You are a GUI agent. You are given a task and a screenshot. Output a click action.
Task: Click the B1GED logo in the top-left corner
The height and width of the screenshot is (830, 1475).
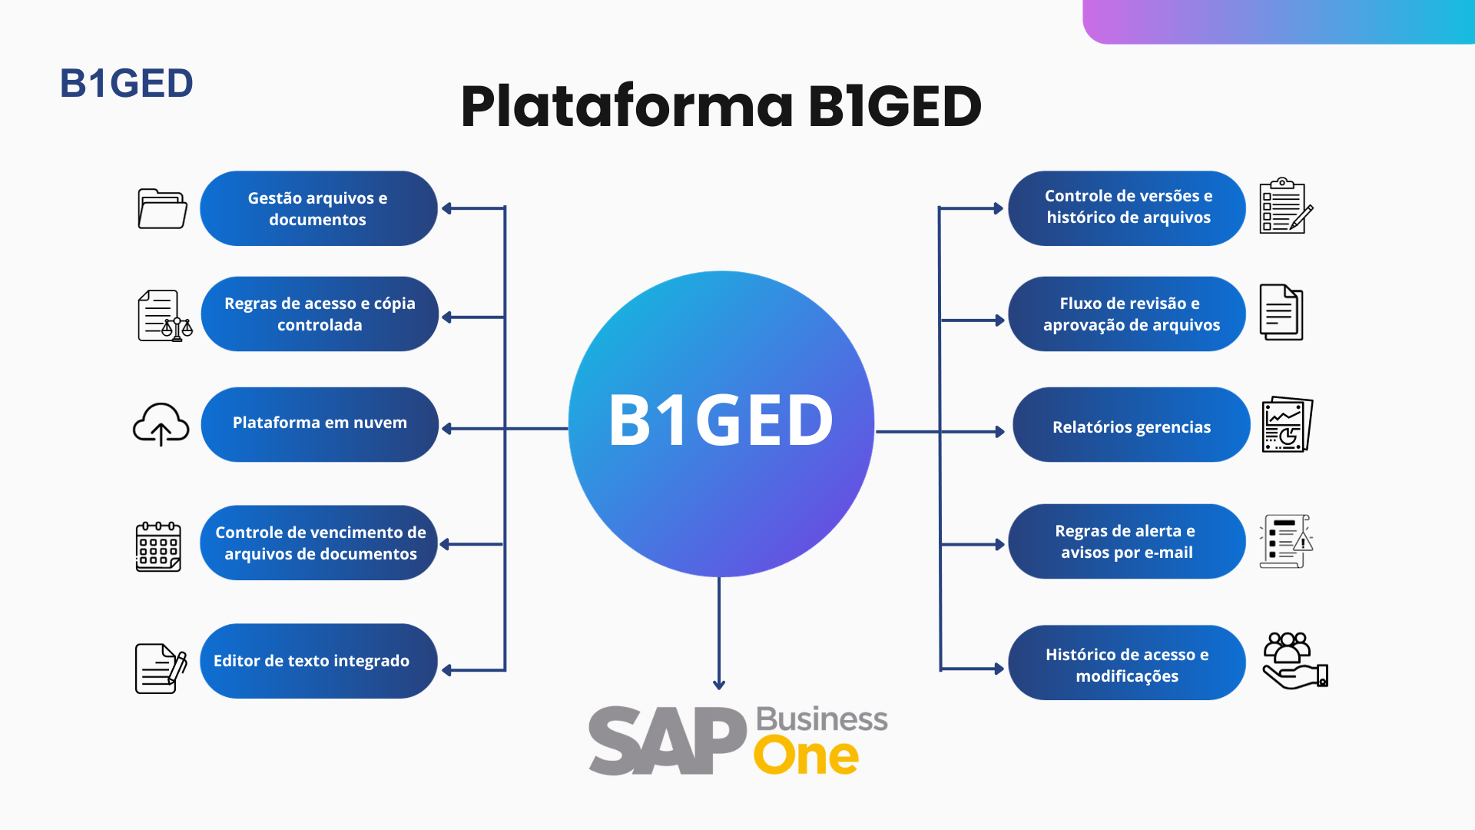pyautogui.click(x=127, y=83)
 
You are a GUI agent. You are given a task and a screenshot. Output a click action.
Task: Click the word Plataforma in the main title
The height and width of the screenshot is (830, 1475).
pyautogui.click(x=627, y=106)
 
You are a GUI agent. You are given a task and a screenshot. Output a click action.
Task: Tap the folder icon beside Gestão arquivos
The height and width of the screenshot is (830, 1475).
pyautogui.click(x=162, y=208)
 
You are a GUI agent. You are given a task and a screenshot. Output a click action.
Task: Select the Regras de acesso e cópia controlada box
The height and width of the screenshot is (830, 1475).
pyautogui.click(x=320, y=314)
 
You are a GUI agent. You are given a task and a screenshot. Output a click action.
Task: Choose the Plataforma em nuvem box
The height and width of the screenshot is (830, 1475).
pyautogui.click(x=320, y=424)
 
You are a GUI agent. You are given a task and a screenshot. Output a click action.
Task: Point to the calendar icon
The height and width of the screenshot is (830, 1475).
pyautogui.click(x=158, y=546)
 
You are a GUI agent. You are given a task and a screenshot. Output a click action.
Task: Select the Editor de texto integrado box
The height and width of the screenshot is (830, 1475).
pyautogui.click(x=319, y=661)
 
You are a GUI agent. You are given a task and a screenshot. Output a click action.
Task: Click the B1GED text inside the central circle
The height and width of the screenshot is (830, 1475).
pyautogui.click(x=721, y=420)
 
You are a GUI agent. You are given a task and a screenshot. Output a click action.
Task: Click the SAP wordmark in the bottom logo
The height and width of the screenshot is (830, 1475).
pyautogui.click(x=668, y=740)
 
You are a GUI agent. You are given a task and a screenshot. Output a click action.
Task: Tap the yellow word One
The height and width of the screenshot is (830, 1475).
pyautogui.click(x=806, y=756)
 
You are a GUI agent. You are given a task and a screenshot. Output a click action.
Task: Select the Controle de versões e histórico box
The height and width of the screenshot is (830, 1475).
pyautogui.click(x=1127, y=208)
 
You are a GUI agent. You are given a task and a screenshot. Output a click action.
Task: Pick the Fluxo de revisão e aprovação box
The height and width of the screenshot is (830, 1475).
pyautogui.click(x=1127, y=314)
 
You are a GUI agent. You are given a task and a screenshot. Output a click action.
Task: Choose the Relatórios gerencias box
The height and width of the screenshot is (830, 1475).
pyautogui.click(x=1132, y=424)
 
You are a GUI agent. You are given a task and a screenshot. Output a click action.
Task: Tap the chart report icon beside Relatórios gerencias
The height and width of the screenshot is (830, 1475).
pyautogui.click(x=1288, y=424)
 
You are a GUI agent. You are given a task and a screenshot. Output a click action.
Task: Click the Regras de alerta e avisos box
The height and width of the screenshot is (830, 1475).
pyautogui.click(x=1127, y=542)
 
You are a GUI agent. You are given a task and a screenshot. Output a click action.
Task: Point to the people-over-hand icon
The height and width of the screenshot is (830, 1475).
pyautogui.click(x=1295, y=660)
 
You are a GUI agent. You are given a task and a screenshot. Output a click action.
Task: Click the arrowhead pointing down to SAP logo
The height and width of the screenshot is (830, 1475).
pyautogui.click(x=719, y=684)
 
